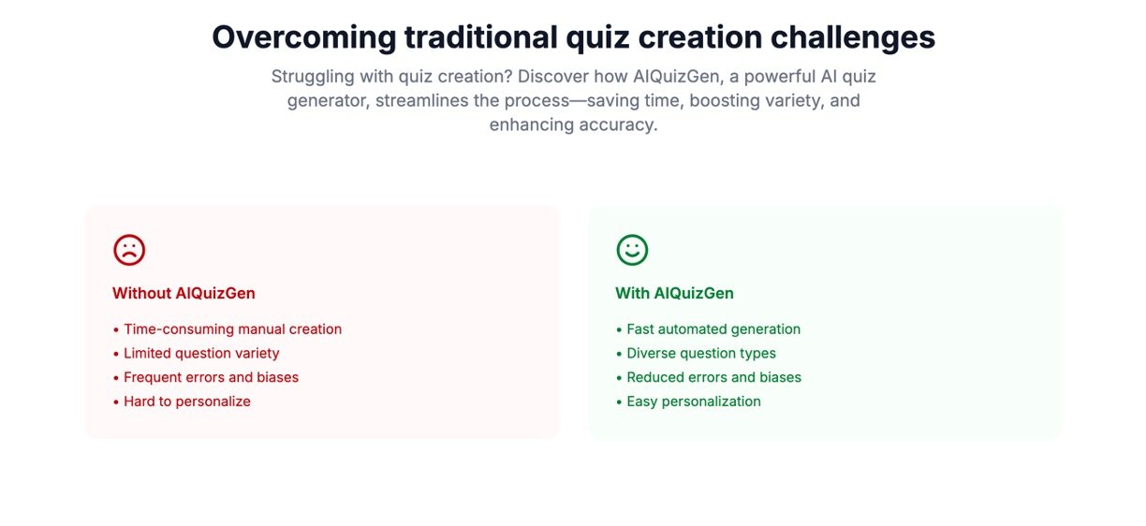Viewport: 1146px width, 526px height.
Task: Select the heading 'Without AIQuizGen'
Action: click(x=184, y=293)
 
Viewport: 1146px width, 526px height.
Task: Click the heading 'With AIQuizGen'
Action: click(x=674, y=293)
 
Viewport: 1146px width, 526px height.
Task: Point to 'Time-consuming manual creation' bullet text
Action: click(x=233, y=329)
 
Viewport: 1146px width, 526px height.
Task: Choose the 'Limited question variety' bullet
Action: click(x=201, y=353)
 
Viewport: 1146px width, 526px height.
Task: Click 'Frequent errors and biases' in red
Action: click(x=212, y=377)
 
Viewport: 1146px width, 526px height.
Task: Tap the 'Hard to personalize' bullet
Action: click(x=187, y=402)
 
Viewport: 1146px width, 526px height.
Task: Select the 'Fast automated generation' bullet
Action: click(x=713, y=329)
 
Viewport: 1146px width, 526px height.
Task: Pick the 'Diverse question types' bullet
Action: click(x=701, y=353)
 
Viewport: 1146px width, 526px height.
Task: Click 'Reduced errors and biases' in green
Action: click(x=714, y=377)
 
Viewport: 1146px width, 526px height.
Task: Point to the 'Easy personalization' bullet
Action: click(x=694, y=402)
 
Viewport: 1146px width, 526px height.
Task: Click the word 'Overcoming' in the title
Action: click(x=304, y=37)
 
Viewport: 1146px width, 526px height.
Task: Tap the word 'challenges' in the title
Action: click(x=853, y=37)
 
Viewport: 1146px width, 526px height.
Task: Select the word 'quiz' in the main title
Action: click(x=597, y=38)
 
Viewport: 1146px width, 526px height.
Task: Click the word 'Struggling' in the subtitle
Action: click(x=313, y=77)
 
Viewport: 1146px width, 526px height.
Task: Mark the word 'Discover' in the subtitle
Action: click(x=553, y=76)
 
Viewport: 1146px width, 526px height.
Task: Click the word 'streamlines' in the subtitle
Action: click(x=421, y=100)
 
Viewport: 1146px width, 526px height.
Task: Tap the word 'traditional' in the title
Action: click(x=481, y=37)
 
